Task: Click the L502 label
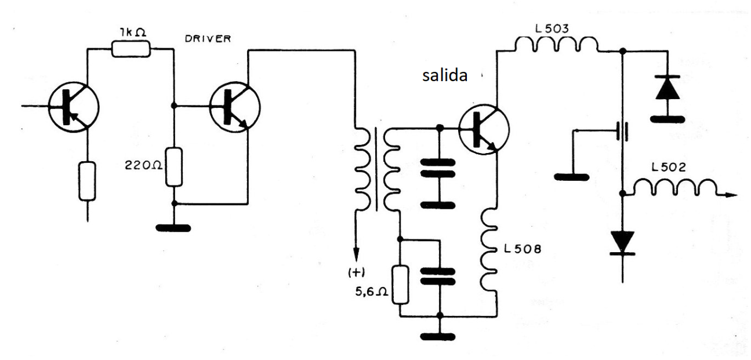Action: pyautogui.click(x=669, y=168)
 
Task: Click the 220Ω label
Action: pyautogui.click(x=141, y=165)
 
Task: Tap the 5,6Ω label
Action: pyautogui.click(x=371, y=293)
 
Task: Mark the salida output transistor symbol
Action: pyautogui.click(x=484, y=130)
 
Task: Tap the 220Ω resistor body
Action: pyautogui.click(x=174, y=167)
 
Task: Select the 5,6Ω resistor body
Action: pyautogui.click(x=399, y=285)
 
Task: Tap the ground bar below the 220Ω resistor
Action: pyautogui.click(x=174, y=227)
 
